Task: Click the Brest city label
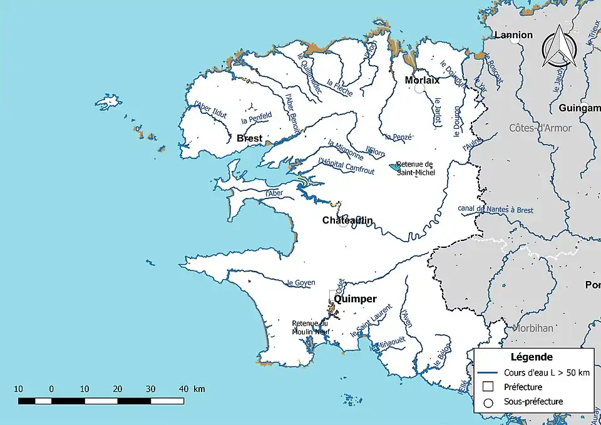click(250, 138)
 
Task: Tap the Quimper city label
click(355, 299)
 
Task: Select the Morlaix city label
click(422, 80)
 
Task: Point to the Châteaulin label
click(347, 220)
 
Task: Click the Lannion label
click(513, 35)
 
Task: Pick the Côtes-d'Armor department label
click(540, 128)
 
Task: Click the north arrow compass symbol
click(558, 49)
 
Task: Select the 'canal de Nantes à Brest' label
click(495, 210)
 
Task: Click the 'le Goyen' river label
click(300, 283)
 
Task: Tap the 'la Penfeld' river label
click(256, 116)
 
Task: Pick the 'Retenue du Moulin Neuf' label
click(310, 327)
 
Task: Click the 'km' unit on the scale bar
click(199, 389)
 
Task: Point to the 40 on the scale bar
click(183, 389)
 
